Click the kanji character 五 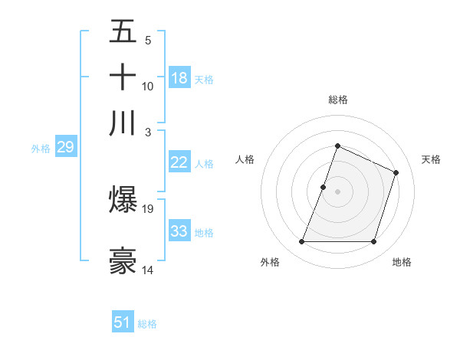[123, 31]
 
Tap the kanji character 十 [123, 77]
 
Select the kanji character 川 [123, 123]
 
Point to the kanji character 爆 [123, 199]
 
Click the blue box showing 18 [179, 78]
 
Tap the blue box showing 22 [179, 162]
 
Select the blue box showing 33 [179, 231]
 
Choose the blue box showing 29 [65, 148]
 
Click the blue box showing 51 [123, 322]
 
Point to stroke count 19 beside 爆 [148, 208]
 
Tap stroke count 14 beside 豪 [148, 270]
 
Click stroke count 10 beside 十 [148, 86]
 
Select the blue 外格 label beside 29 [41, 149]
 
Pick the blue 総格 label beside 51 [147, 324]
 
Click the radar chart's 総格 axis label [337, 100]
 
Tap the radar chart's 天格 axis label [431, 159]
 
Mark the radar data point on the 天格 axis [396, 172]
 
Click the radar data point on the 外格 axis [301, 242]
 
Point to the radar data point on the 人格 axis [324, 187]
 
